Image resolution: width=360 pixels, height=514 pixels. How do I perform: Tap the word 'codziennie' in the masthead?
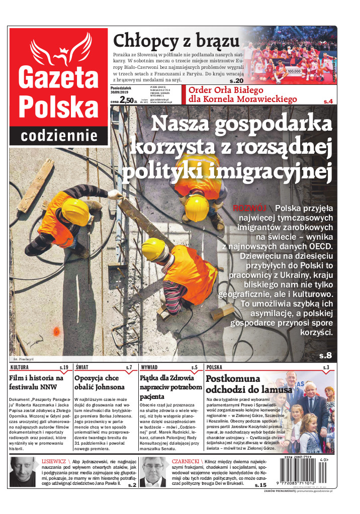(59, 135)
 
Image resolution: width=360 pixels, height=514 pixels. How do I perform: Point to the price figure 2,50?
(126, 100)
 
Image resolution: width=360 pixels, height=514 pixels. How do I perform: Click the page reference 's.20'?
(236, 81)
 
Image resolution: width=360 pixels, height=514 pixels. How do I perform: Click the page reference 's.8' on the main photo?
(325, 356)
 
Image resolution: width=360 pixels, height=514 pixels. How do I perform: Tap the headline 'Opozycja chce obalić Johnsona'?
(99, 382)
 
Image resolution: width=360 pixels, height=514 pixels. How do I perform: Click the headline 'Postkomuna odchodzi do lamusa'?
(241, 384)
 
